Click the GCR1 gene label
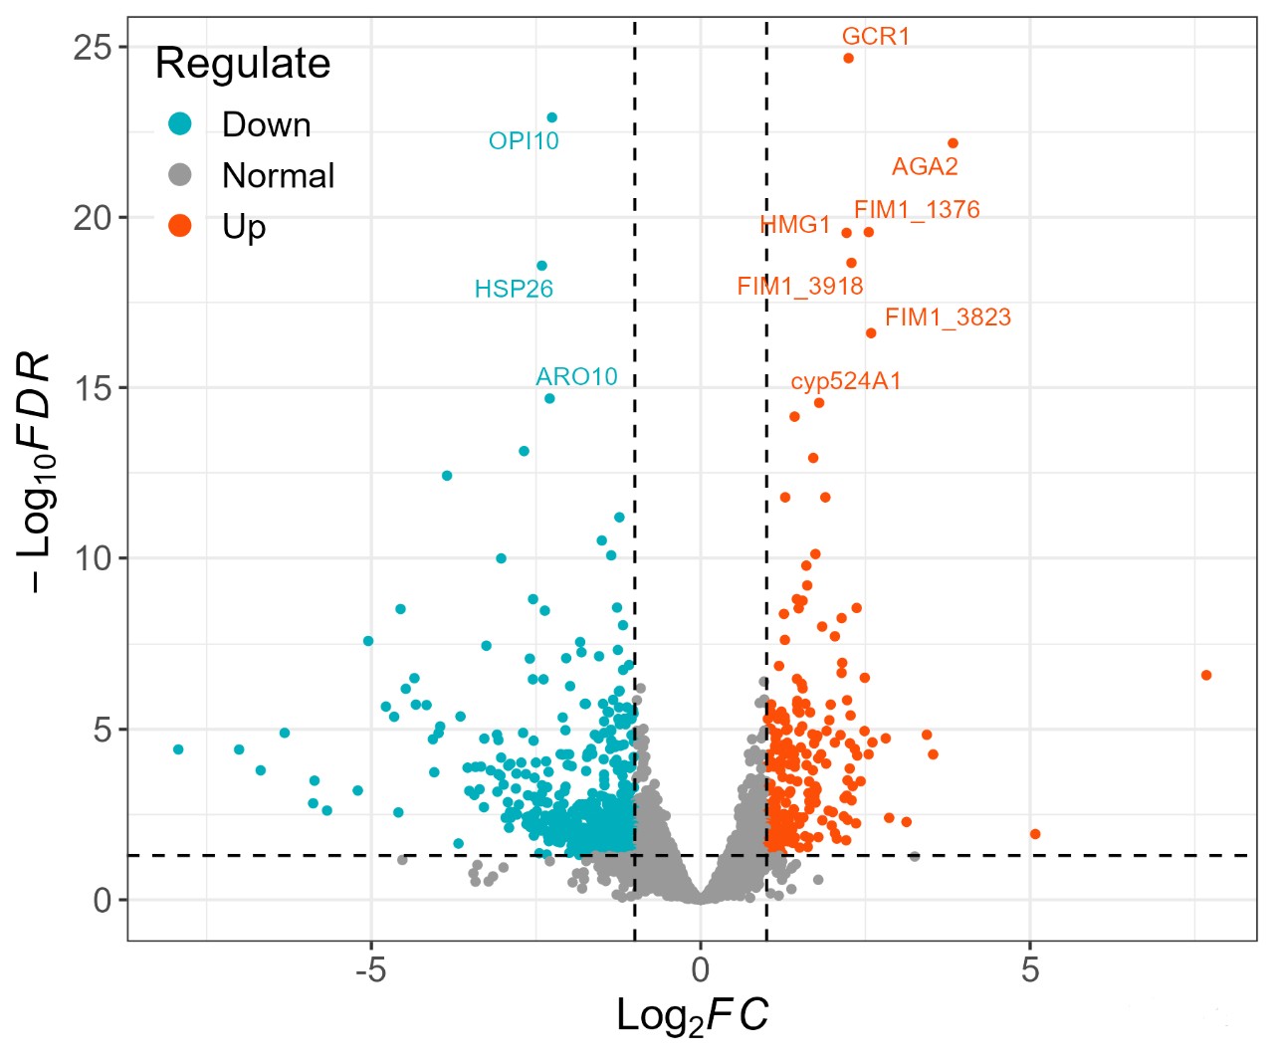[x=876, y=37]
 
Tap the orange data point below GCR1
[x=848, y=58]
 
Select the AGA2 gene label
[x=925, y=166]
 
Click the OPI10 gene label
[x=524, y=141]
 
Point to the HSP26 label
[x=514, y=289]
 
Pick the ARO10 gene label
[x=576, y=376]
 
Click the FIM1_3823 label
[x=948, y=318]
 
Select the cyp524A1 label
[x=846, y=381]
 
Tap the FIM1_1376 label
[x=917, y=210]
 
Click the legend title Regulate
[x=243, y=64]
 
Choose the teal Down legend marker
[x=180, y=124]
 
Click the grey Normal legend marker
[x=180, y=175]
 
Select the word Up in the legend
[x=244, y=227]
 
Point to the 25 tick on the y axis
[x=93, y=47]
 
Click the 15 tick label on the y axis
[x=93, y=388]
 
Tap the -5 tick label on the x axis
[x=370, y=969]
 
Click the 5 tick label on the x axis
[x=1030, y=969]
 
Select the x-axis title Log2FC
[x=693, y=1016]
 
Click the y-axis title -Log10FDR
[x=37, y=472]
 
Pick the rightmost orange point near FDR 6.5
[x=1206, y=675]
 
